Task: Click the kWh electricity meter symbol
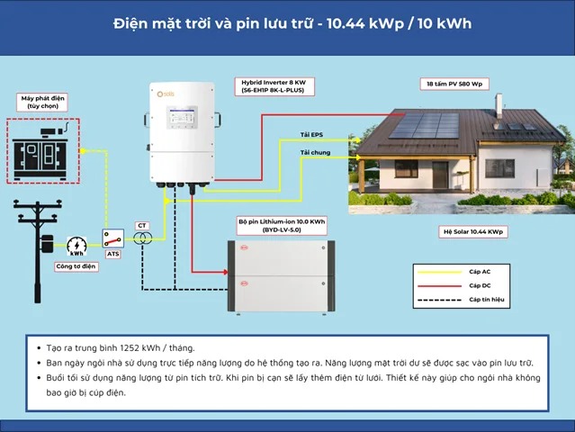pyautogui.click(x=77, y=244)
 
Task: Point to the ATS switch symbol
pyautogui.click(x=113, y=238)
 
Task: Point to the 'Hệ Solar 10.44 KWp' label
pyautogui.click(x=473, y=231)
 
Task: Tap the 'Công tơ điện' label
pyautogui.click(x=75, y=266)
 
